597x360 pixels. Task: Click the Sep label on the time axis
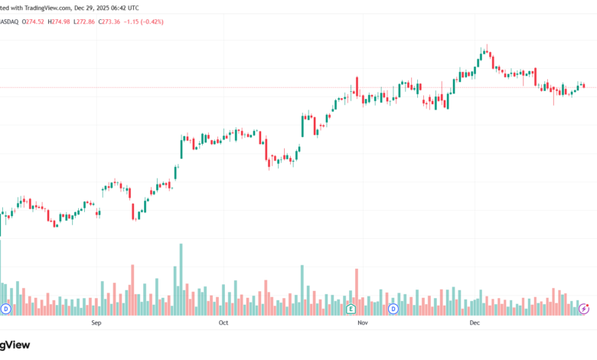[x=96, y=323]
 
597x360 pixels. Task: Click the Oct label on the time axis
[x=223, y=323]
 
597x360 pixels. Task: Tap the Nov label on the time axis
[x=363, y=323]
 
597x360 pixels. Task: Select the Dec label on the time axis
[x=474, y=323]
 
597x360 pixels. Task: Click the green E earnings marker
[x=351, y=309]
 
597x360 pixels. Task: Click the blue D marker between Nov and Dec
[x=393, y=309]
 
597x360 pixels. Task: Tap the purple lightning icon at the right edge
[x=585, y=309]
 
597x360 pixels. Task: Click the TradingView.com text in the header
[x=47, y=7]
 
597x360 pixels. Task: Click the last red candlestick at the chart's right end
[x=583, y=86]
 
